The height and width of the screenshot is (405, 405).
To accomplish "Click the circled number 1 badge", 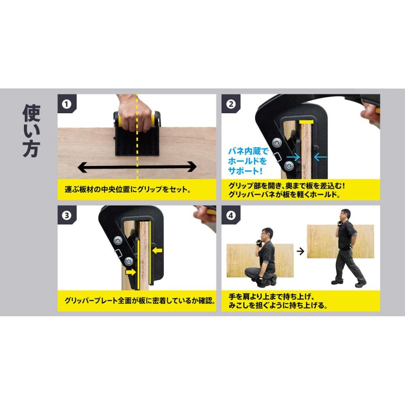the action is [66, 104].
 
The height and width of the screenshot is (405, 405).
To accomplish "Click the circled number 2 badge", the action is [231, 104].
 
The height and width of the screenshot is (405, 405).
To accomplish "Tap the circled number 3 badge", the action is [66, 215].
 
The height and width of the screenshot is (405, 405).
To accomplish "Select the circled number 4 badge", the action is [231, 215].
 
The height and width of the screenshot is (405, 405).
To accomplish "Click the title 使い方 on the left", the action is [31, 131].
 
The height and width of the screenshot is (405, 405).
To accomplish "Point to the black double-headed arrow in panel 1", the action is [137, 167].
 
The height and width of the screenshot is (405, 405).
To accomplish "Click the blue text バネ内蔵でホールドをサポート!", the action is [248, 161].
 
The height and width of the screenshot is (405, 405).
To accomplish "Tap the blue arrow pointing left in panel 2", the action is [320, 157].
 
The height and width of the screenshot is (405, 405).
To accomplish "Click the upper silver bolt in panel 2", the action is [277, 142].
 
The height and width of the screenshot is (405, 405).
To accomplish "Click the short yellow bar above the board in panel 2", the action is [306, 122].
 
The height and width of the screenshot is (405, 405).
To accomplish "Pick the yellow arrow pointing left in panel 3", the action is [157, 250].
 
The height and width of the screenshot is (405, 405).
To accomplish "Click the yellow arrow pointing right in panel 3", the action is [131, 272].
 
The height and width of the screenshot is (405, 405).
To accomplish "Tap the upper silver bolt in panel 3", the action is [118, 240].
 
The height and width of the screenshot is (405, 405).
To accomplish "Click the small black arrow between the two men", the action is [301, 251].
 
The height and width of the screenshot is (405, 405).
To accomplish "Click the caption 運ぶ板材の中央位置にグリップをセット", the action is [128, 190].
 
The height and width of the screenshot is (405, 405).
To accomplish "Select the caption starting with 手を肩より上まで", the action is [278, 301].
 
